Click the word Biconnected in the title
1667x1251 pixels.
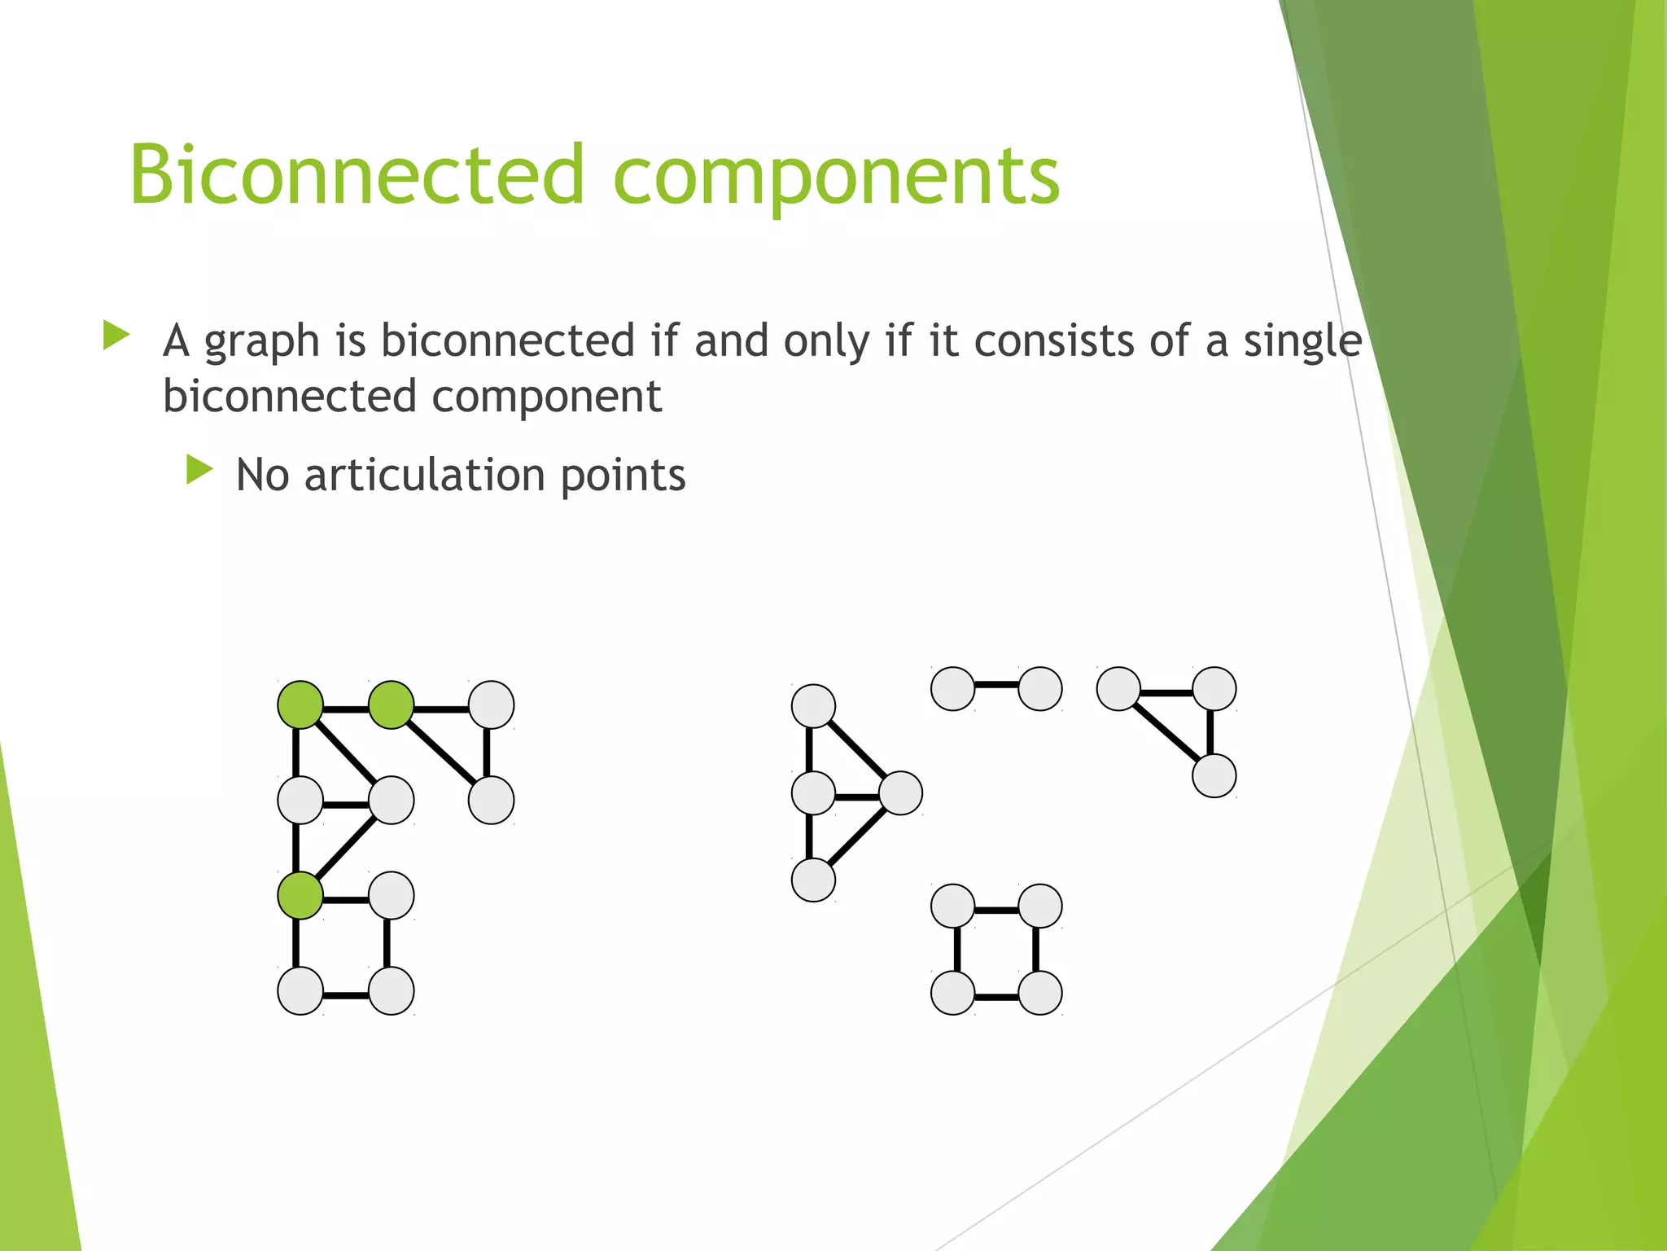pos(357,173)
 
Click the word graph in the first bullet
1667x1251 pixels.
pos(261,342)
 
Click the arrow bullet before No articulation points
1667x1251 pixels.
pos(199,470)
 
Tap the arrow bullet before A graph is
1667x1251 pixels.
pos(116,335)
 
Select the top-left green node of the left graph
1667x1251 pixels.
pos(300,705)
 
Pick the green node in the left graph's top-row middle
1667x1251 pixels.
pos(392,705)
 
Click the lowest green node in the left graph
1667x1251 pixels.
pos(300,896)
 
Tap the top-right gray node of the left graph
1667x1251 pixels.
pos(491,705)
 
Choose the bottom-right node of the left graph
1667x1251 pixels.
pos(392,991)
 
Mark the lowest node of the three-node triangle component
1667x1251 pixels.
pos(1214,775)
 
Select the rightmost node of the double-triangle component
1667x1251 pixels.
pos(900,792)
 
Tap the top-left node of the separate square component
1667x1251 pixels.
pos(952,906)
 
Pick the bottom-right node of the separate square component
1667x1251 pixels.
pos(1039,993)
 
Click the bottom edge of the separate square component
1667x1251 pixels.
pos(996,997)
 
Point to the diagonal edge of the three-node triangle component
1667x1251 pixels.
pos(1166,731)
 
